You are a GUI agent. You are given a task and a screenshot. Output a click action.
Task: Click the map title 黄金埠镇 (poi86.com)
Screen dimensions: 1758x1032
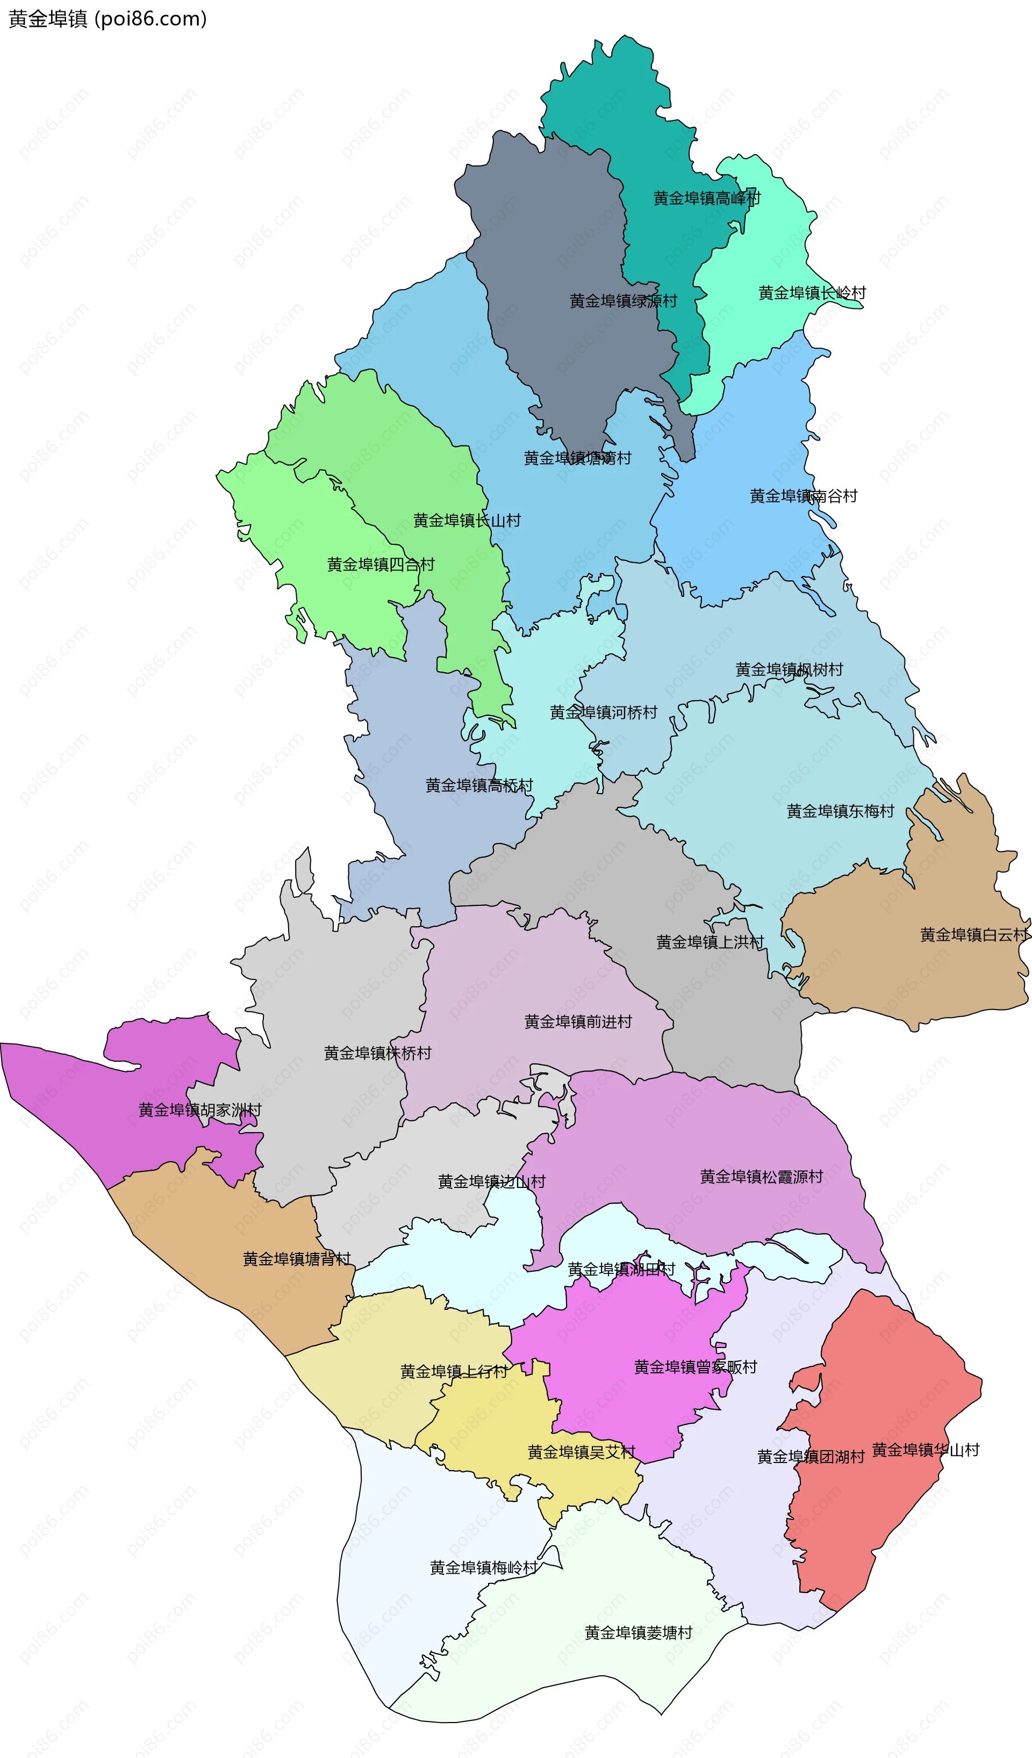coord(107,19)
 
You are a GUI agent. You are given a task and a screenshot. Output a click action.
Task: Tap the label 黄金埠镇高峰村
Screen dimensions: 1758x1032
coord(706,198)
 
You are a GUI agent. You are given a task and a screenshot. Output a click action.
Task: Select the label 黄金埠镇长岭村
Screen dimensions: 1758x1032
coord(812,293)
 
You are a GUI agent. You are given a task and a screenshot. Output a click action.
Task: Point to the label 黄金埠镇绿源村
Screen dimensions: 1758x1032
coord(623,301)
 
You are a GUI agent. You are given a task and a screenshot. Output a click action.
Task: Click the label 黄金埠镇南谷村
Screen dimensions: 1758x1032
coord(803,496)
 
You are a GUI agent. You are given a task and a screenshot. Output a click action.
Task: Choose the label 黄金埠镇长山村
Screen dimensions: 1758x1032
coord(467,521)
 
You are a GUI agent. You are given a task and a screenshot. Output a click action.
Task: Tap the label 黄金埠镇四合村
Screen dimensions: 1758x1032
coord(381,564)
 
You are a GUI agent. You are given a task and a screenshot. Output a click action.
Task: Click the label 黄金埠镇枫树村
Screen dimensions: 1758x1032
coord(789,669)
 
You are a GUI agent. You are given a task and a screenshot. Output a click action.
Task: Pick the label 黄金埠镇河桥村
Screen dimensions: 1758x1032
coord(603,712)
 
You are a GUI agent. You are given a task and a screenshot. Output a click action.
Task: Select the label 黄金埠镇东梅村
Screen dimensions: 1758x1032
coord(840,811)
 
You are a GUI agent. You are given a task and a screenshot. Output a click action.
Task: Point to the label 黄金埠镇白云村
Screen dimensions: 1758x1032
coord(974,935)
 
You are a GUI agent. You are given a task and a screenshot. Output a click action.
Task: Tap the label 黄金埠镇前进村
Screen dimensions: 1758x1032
coord(578,1022)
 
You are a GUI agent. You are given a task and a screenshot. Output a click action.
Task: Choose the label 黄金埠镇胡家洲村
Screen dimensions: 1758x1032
coord(199,1110)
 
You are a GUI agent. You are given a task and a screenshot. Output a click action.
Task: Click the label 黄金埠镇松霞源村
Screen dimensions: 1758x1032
coord(761,1177)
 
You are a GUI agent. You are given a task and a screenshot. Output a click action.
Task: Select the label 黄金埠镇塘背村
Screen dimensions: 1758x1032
coord(297,1259)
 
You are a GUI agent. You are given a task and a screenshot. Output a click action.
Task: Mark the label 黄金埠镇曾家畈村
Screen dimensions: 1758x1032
coord(695,1367)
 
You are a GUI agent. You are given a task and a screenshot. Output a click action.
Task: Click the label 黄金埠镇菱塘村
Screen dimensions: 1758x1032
coord(639,1633)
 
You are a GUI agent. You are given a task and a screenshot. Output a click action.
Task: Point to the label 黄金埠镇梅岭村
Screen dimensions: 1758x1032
coord(484,1568)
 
